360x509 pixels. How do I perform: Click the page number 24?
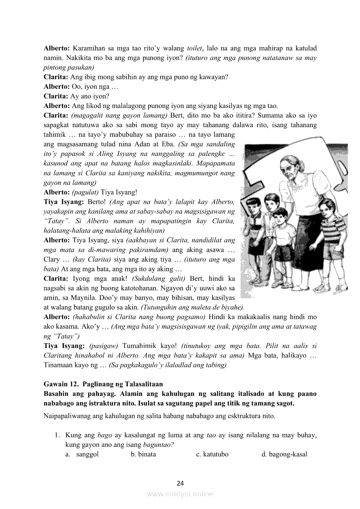[x=180, y=483]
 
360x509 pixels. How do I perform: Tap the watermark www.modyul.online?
[x=180, y=494]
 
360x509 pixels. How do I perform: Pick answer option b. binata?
[x=143, y=454]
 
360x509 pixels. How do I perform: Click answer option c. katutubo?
[x=212, y=454]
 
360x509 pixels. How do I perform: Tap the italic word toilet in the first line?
[x=194, y=48]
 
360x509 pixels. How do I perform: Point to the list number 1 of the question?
[x=57, y=435]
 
